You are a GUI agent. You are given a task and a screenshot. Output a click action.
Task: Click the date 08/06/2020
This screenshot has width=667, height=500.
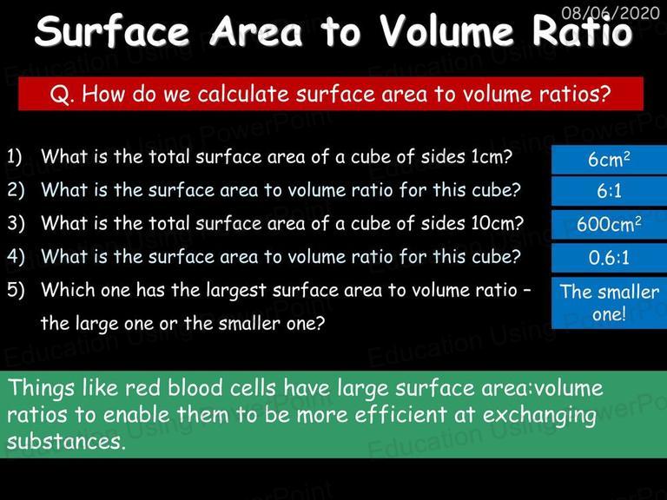point(610,13)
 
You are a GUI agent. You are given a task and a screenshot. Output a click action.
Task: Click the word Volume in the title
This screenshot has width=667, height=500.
point(446,31)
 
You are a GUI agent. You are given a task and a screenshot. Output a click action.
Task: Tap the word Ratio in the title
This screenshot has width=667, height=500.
point(582,31)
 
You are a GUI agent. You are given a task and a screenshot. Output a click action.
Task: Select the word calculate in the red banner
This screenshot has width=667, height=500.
point(243,94)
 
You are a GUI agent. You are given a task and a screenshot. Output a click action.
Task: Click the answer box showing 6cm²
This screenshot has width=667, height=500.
point(609,160)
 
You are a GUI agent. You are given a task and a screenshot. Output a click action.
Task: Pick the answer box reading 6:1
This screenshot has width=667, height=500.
point(609,191)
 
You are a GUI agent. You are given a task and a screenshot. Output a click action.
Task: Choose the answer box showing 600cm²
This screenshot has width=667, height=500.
point(609,225)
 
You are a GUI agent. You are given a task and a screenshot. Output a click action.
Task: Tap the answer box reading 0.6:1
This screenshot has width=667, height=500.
point(609,258)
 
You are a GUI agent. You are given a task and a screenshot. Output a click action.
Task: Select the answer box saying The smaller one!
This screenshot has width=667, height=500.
point(609,303)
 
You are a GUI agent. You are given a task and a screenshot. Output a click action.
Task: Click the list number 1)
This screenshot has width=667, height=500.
point(15,157)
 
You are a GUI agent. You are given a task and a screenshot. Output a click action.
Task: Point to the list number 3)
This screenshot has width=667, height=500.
point(16,223)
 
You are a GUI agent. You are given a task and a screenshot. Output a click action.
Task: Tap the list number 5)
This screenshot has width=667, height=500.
point(16,290)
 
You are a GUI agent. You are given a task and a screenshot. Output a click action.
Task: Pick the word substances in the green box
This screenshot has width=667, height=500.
point(66,441)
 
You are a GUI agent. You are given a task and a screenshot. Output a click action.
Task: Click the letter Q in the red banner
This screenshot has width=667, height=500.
point(57,95)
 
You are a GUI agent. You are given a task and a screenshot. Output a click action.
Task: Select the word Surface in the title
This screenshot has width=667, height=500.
point(112,31)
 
